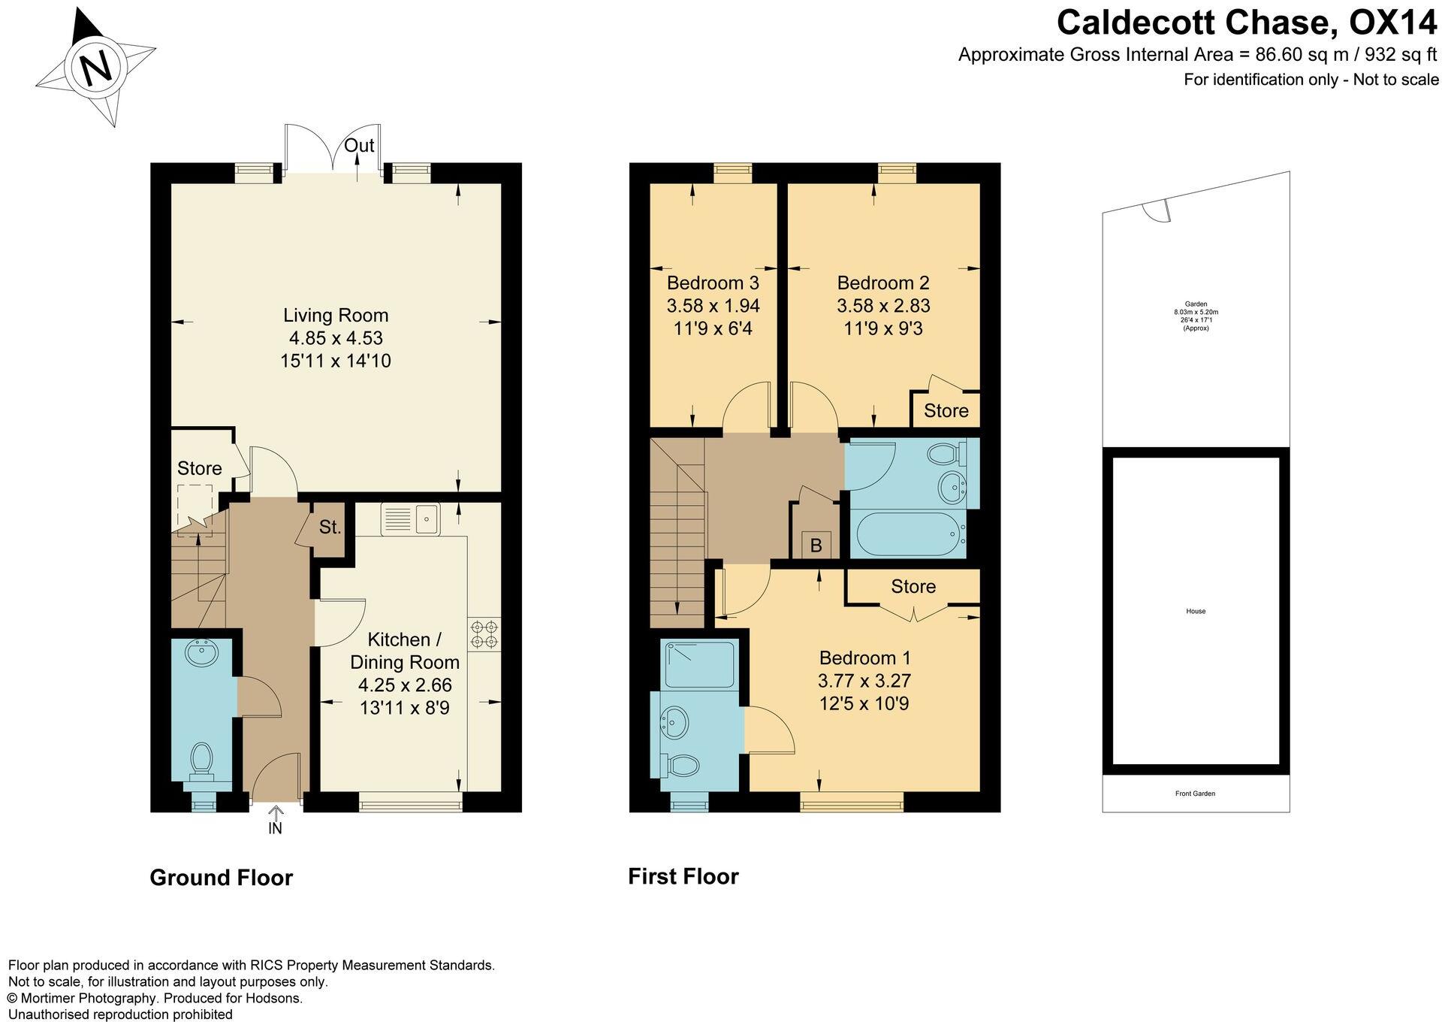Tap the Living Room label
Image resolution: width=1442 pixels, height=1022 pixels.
point(336,315)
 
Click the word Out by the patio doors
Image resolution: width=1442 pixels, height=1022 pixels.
point(359,145)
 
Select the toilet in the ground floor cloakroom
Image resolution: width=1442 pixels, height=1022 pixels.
point(201,760)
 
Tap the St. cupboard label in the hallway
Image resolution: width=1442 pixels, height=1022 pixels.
point(330,527)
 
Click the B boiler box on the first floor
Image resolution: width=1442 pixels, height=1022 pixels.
point(816,545)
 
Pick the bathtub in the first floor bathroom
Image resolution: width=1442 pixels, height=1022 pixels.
point(907,534)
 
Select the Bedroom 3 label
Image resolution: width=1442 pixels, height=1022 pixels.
point(713,283)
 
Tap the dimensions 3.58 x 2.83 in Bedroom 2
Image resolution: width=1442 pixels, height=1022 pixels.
point(883,306)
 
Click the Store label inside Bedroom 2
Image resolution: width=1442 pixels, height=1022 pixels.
point(946,411)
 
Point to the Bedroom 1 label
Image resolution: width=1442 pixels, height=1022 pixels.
point(864,658)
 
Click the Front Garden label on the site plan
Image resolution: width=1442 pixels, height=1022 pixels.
point(1195,794)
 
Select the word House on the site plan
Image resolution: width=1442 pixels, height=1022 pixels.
point(1196,611)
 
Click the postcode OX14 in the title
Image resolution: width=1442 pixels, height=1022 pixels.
point(1392,23)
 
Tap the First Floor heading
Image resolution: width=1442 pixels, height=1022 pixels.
point(683,876)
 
